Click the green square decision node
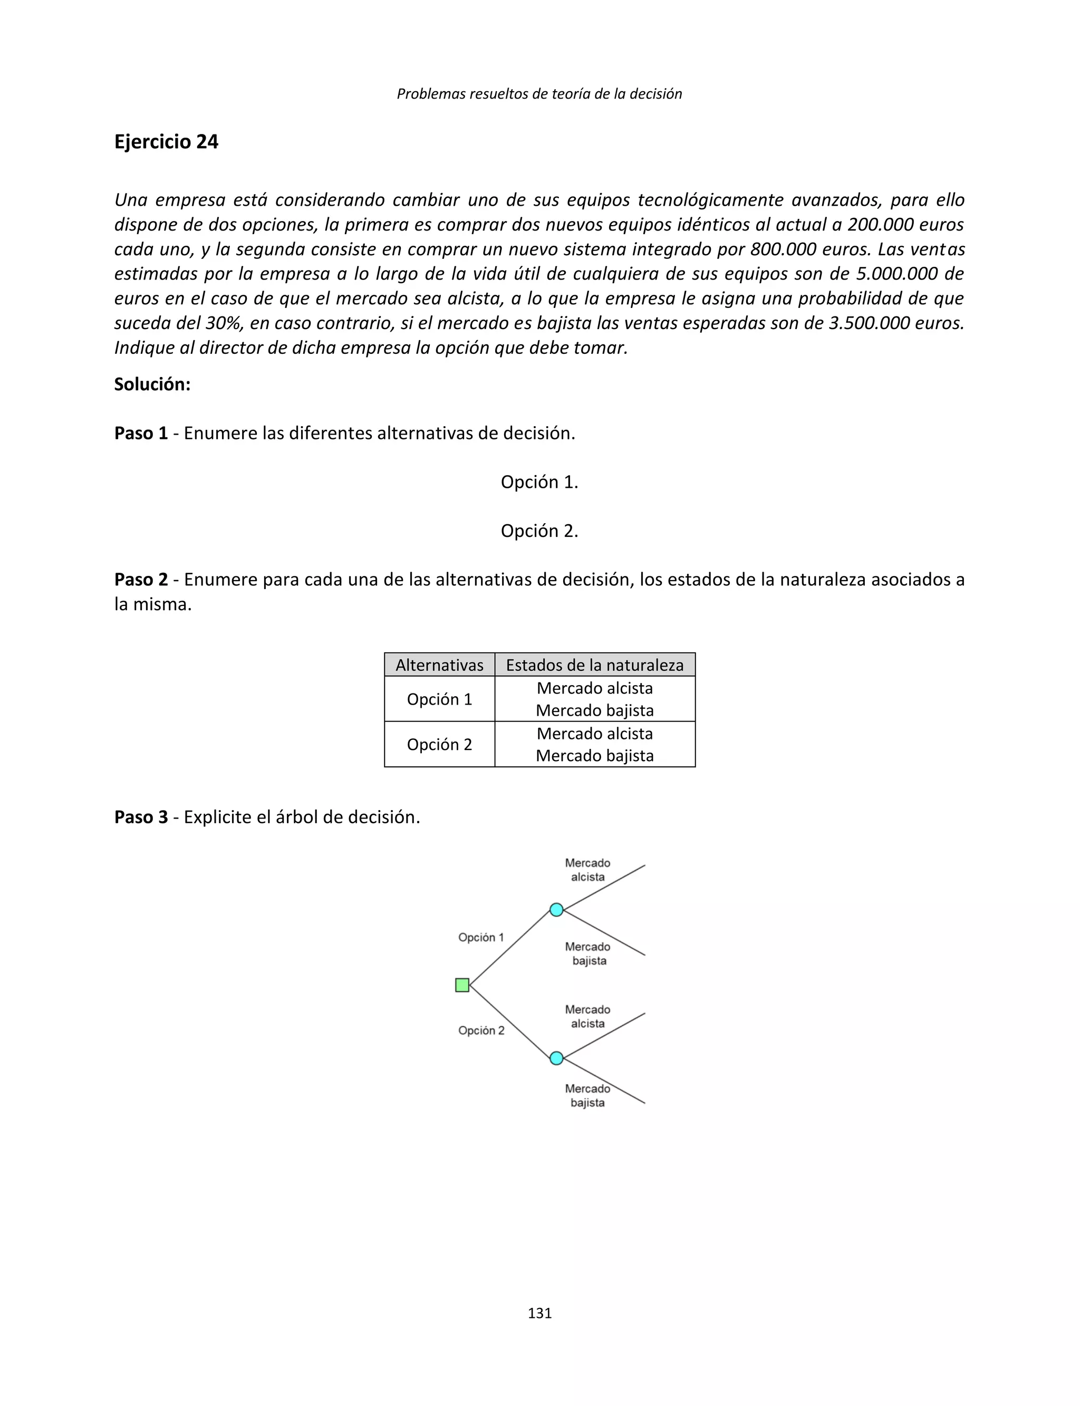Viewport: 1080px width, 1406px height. pos(461,985)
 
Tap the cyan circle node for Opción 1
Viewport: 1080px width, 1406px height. pos(557,910)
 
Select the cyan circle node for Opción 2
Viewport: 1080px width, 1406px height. pos(557,1058)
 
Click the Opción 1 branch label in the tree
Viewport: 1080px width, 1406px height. pos(481,937)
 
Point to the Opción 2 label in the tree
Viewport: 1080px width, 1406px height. pos(481,1031)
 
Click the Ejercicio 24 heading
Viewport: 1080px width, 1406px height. pos(166,141)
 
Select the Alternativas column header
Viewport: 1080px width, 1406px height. pos(439,665)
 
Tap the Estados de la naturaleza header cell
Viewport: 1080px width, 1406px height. pos(595,665)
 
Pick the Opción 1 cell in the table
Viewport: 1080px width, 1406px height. pos(439,699)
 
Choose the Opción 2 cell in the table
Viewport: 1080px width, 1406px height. pos(439,745)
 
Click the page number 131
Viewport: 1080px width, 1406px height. pos(539,1313)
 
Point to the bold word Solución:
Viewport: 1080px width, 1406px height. pos(152,384)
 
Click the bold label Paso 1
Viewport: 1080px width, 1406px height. pos(141,434)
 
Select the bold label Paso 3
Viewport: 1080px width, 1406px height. pos(141,817)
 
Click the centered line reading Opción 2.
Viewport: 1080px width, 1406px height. pos(539,531)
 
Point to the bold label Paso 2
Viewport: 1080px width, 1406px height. pos(141,580)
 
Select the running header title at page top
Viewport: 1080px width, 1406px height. pos(539,94)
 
